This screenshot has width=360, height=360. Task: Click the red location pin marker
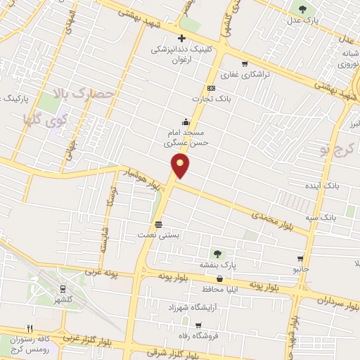click(181, 166)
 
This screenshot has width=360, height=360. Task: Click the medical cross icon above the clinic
click(181, 38)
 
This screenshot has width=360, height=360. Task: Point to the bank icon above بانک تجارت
click(210, 88)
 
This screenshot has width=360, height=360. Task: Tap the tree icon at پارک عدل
click(302, 9)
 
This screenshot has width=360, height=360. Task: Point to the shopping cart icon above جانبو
click(301, 258)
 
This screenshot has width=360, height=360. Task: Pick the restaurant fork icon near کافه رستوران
click(29, 328)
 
